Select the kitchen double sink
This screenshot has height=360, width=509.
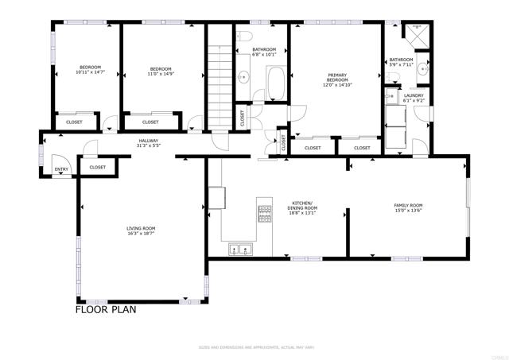[240, 250]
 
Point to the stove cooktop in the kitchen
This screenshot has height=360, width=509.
[263, 213]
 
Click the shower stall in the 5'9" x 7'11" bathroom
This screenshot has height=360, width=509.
[416, 35]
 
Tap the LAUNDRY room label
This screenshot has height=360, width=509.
[414, 95]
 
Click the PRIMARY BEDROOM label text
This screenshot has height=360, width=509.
[337, 78]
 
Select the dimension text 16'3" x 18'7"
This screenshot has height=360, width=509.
[141, 234]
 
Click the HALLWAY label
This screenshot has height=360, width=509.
[149, 141]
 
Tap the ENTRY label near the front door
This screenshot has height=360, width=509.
[60, 170]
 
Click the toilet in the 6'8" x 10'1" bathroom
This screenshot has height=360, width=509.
[246, 38]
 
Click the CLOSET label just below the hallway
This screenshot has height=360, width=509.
[98, 167]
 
